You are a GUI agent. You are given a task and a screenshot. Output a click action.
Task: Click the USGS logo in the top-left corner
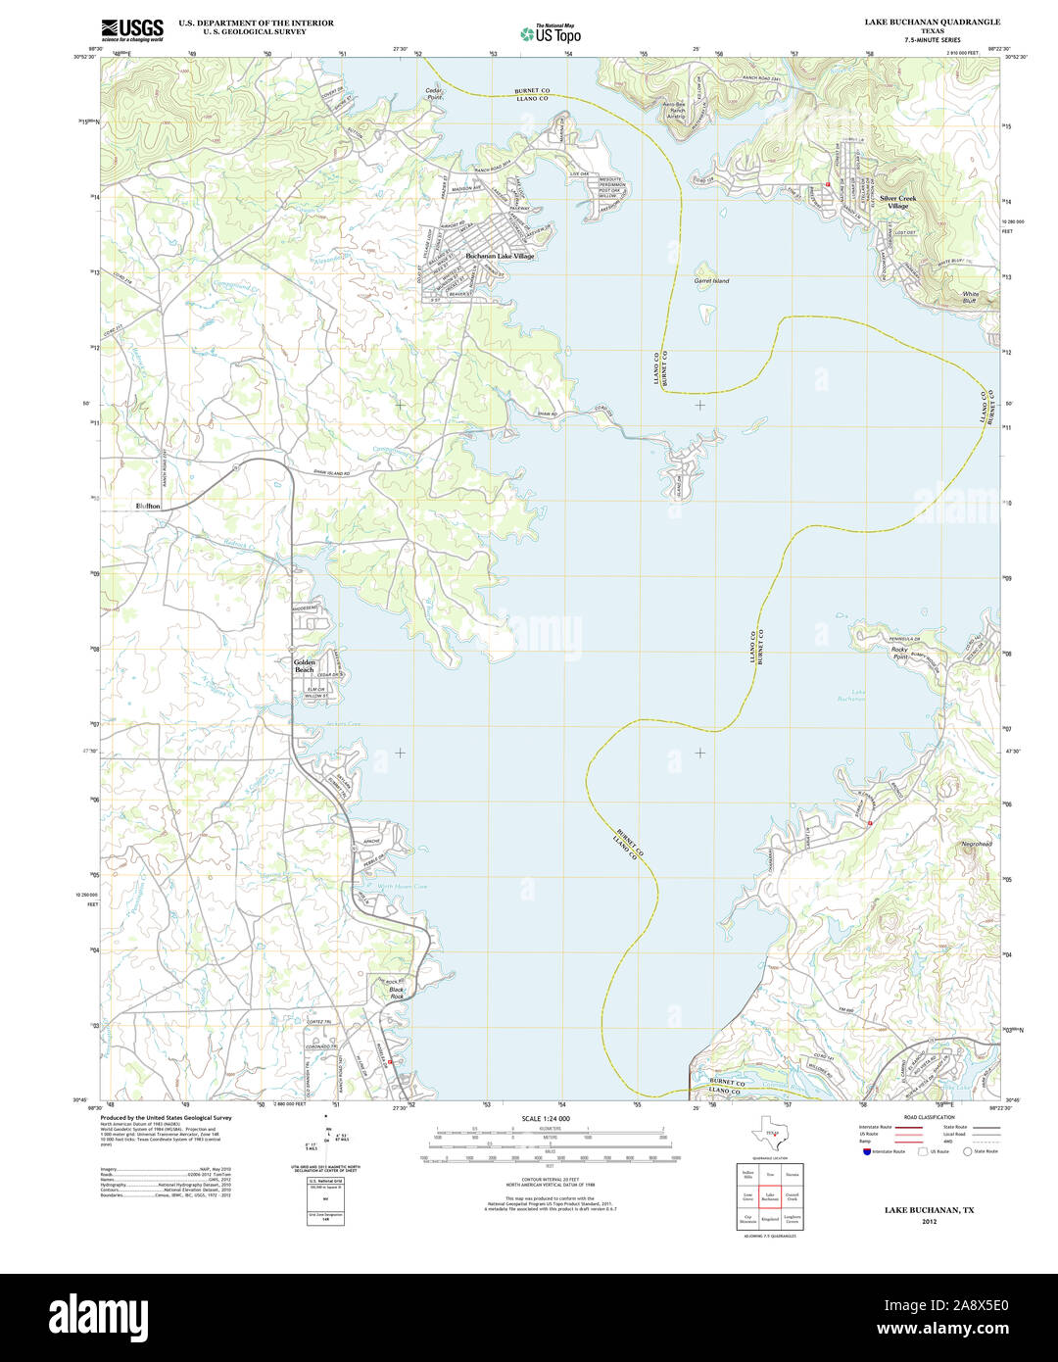coord(132,28)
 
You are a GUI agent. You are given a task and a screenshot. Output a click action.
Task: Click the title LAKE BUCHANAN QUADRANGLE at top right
coord(932,22)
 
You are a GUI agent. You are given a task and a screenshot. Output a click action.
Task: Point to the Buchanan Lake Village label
coord(500,256)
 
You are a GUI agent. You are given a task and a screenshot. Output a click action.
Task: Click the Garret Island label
coord(711,281)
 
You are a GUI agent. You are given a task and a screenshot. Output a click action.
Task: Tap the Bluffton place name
coord(148,506)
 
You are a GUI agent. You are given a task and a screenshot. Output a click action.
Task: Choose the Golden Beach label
coord(305,666)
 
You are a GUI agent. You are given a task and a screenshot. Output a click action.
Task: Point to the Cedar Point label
coord(434,94)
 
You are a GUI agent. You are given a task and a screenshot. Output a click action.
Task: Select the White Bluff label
coord(970,298)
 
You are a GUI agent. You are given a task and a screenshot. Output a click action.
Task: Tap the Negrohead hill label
coord(976,844)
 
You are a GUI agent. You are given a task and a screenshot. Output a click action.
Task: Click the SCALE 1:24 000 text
coord(546,1118)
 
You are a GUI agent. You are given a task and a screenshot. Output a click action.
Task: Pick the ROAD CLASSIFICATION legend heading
coord(929,1117)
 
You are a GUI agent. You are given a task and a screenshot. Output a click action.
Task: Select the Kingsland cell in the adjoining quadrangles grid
coord(771,1220)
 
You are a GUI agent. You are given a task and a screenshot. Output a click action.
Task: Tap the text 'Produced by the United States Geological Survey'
coord(167,1117)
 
